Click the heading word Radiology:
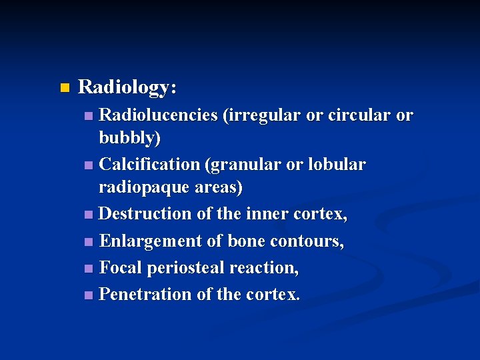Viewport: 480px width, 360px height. pos(127,87)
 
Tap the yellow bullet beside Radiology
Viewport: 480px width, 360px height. pos(64,88)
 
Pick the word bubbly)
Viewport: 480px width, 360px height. pos(129,139)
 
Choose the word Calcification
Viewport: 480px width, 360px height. pos(149,164)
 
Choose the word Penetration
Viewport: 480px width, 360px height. pos(145,294)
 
